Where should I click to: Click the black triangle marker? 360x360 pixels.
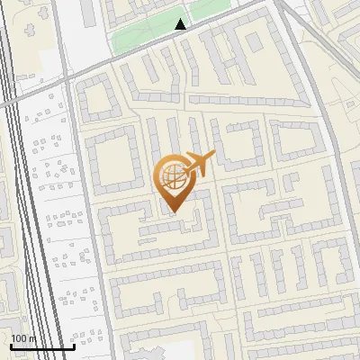(181, 24)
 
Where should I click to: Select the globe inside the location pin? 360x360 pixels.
(171, 175)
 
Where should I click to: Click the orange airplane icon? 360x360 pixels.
(199, 163)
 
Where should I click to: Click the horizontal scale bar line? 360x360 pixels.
(42, 346)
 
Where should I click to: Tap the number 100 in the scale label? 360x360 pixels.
(19, 338)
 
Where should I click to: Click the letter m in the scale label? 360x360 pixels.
(32, 338)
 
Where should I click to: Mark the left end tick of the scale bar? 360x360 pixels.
(11, 345)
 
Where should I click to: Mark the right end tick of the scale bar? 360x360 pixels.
(74, 345)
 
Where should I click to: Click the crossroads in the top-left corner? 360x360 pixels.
(66, 79)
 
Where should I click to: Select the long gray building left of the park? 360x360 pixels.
(87, 13)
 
